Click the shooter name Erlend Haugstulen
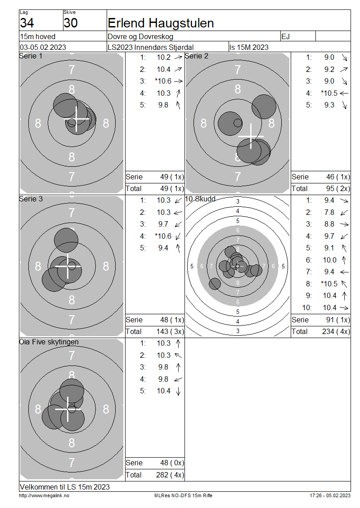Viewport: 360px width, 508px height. tap(161, 23)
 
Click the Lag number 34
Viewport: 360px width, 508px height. tap(27, 23)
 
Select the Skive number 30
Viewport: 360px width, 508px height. tap(70, 23)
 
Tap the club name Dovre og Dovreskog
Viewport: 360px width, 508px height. tap(140, 36)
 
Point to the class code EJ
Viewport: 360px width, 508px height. tap(285, 36)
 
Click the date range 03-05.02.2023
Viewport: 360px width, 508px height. tap(43, 47)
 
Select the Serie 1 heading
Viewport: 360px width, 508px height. tap(31, 56)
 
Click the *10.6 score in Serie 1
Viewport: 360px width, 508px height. tap(163, 81)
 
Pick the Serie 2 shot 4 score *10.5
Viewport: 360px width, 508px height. tap(329, 93)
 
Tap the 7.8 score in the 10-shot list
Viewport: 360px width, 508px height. tap(329, 212)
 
